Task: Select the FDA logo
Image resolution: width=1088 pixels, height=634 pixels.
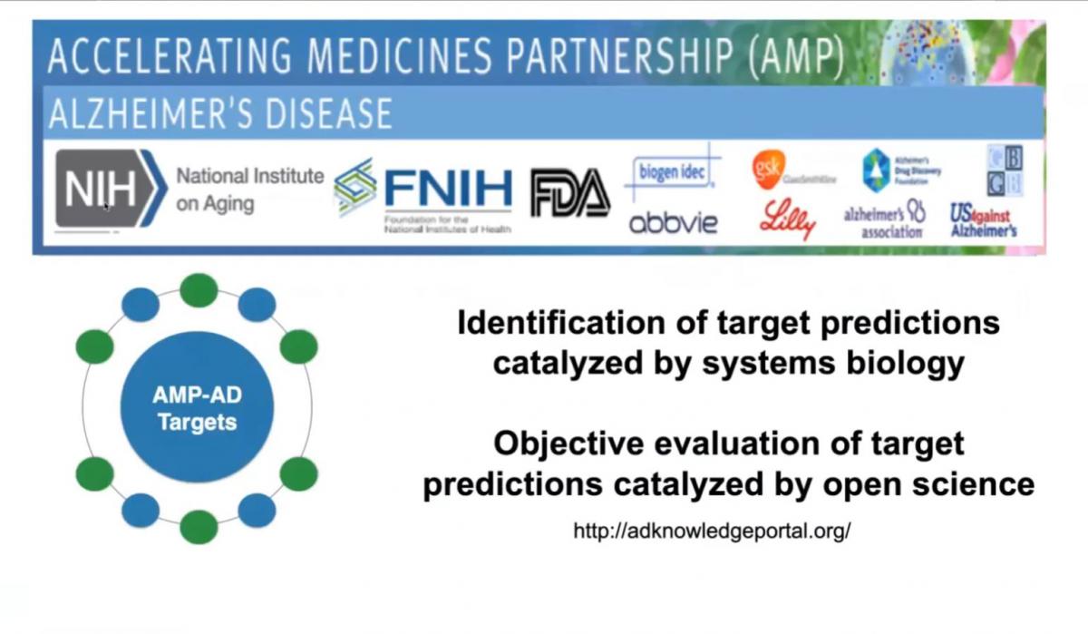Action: tap(569, 193)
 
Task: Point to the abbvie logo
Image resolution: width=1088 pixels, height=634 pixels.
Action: tap(673, 221)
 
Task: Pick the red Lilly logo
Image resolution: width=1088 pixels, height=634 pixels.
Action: tap(787, 220)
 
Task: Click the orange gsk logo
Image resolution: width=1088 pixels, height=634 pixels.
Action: tap(765, 168)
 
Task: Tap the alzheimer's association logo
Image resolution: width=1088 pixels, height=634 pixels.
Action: tap(884, 220)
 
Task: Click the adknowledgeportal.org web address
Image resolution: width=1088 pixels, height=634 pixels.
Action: tap(712, 531)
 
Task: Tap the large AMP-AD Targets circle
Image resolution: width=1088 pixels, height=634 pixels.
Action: tap(197, 409)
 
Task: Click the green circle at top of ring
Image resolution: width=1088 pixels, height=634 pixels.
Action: tap(198, 290)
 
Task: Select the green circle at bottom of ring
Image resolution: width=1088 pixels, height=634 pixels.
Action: tap(198, 527)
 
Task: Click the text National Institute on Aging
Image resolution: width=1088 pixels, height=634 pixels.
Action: tap(248, 189)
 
